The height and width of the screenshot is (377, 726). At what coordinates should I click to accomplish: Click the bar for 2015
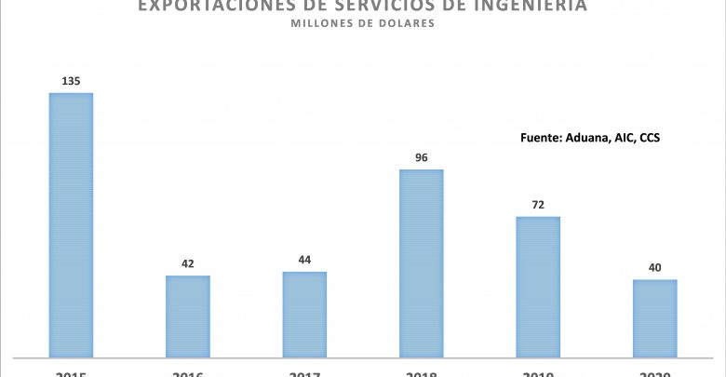tap(71, 224)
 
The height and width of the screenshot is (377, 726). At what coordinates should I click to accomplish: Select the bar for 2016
tap(188, 316)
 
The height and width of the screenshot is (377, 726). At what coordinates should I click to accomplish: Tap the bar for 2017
tap(304, 314)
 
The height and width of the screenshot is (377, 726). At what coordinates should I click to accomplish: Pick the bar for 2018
tap(421, 263)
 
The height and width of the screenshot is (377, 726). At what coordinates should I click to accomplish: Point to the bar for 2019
tap(538, 286)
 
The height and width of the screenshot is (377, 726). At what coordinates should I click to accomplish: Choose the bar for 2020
tap(654, 317)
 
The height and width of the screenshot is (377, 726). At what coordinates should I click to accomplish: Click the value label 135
tap(71, 81)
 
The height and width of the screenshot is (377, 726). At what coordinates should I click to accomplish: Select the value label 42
tap(188, 263)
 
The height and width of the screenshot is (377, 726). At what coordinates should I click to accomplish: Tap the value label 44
tap(304, 260)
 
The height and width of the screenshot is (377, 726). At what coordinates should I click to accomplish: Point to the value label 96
tap(421, 157)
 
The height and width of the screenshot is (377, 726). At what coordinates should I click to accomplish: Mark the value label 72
tap(538, 205)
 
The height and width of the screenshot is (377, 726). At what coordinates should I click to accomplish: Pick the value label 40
tap(654, 267)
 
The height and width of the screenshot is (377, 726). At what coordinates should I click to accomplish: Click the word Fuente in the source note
tap(542, 137)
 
